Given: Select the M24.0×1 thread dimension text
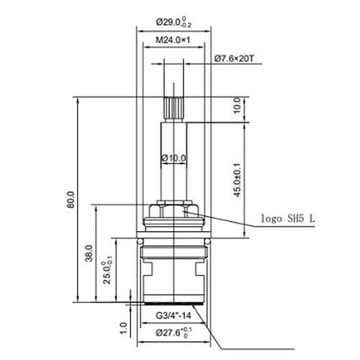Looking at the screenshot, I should click(174, 40).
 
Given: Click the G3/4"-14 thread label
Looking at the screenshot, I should click(173, 314).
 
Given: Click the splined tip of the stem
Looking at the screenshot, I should click(174, 108).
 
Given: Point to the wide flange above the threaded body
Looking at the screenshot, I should click(174, 240).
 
